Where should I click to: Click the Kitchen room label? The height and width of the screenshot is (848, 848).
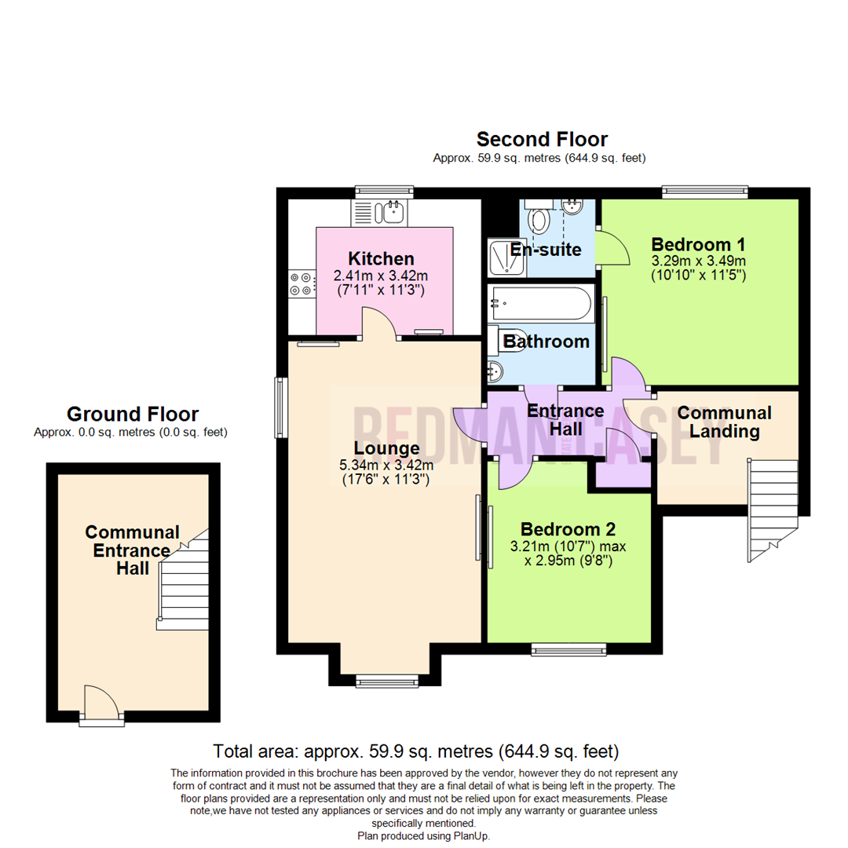381,258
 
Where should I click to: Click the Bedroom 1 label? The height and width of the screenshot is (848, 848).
698,243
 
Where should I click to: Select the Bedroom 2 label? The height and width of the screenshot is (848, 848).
568,528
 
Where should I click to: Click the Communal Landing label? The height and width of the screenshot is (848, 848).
724,422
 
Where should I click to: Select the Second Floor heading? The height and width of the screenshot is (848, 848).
542,140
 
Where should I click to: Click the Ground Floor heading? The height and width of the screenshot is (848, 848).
132,414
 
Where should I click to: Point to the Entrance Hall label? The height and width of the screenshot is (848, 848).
565,419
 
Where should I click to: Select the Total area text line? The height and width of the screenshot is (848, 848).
416,750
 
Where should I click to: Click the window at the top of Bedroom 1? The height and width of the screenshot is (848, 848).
704,190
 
